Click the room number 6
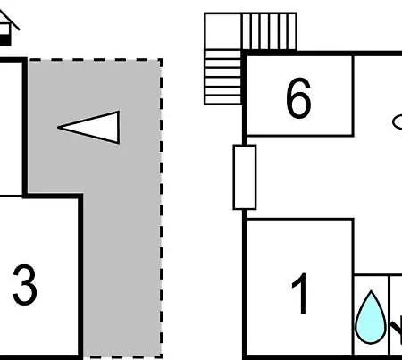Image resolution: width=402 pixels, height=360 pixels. (x=298, y=97)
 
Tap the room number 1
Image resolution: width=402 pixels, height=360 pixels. (x=300, y=293)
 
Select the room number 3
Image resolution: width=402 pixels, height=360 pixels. (x=25, y=285)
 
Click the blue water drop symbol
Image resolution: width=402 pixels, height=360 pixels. (x=371, y=317)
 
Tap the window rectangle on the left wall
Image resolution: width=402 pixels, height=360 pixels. (x=245, y=177)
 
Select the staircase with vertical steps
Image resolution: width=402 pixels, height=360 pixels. (x=270, y=31)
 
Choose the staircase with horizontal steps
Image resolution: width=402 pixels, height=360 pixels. (x=222, y=77)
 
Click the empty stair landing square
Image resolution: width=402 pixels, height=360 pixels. (x=222, y=31)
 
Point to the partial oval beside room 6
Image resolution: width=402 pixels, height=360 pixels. (x=398, y=122)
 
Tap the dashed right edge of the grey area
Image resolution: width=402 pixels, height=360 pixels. (x=161, y=208)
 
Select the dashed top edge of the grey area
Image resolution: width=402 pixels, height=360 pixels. (x=95, y=60)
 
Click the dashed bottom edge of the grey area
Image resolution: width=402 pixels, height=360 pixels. (x=122, y=356)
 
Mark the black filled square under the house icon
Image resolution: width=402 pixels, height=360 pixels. (x=4, y=40)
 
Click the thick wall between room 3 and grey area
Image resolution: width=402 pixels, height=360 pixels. (x=80, y=275)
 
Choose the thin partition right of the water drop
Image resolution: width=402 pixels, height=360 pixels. (x=389, y=315)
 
